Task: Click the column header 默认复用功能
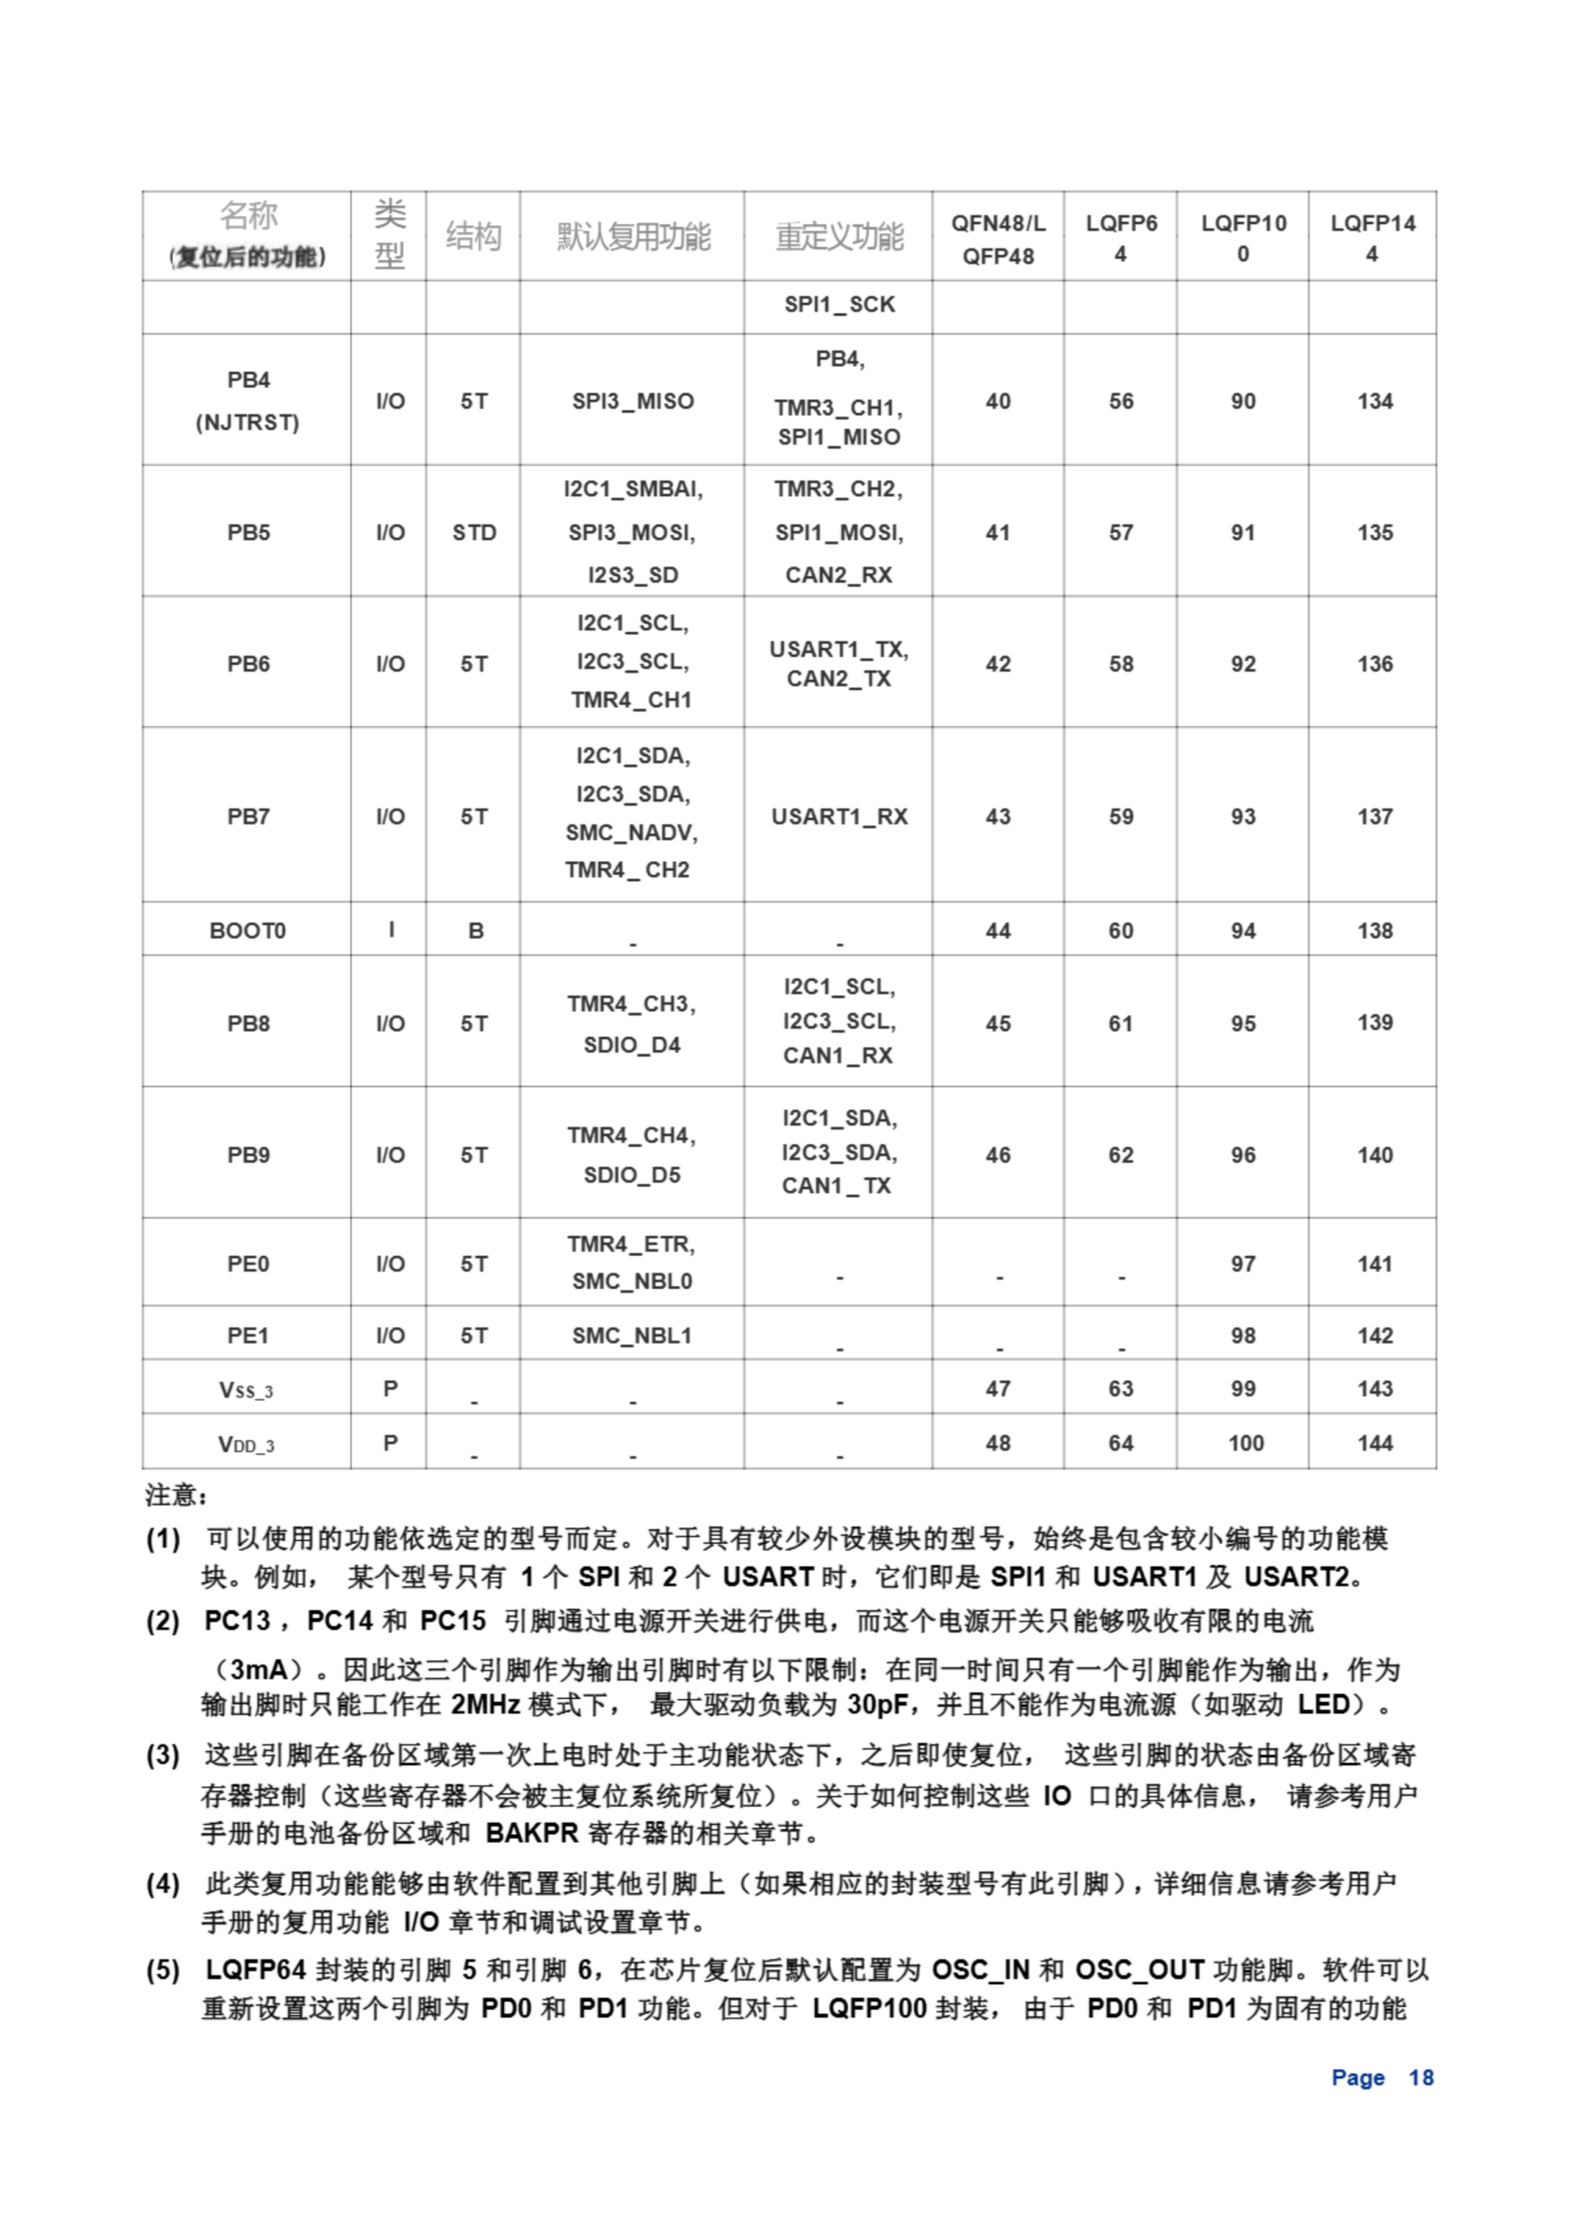tap(632, 236)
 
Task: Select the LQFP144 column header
tap(1371, 237)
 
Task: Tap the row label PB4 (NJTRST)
tap(247, 400)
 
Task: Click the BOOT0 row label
tap(247, 930)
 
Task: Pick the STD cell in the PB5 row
tap(474, 532)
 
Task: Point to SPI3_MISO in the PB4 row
tap(632, 401)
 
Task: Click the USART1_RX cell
tap(838, 816)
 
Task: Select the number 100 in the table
tap(1244, 1443)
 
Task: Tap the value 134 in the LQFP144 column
tap(1374, 401)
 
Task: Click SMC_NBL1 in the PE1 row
tap(632, 1335)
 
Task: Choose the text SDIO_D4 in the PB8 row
tap(632, 1045)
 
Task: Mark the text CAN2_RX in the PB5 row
tap(838, 575)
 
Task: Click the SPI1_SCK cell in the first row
tap(838, 305)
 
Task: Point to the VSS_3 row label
tap(246, 1389)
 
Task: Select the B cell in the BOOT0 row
tap(475, 931)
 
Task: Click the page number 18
tap(1420, 2077)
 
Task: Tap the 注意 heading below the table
tap(176, 1495)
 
